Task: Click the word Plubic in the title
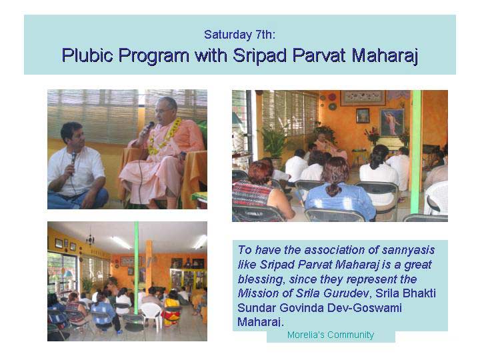87,56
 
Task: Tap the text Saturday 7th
240,35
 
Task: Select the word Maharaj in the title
385,56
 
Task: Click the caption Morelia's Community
331,335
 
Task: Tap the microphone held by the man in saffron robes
147,129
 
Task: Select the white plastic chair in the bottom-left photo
151,315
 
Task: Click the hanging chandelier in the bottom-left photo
90,239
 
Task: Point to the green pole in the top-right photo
416,152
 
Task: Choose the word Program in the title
154,56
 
